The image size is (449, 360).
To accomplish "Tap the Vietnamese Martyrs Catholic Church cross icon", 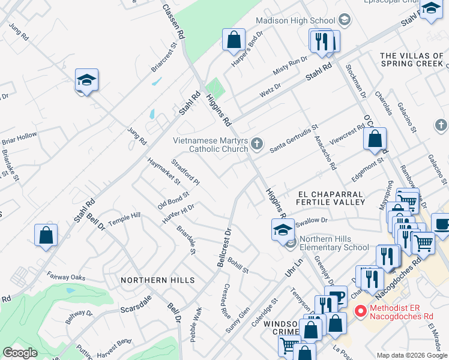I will click(257, 143).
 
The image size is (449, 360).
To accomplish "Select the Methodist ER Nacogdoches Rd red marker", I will click(360, 311).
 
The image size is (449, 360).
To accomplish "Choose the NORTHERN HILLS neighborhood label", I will click(157, 280).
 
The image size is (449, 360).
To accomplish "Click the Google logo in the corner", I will click(20, 352).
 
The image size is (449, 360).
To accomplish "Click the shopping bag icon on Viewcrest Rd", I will click(375, 139).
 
